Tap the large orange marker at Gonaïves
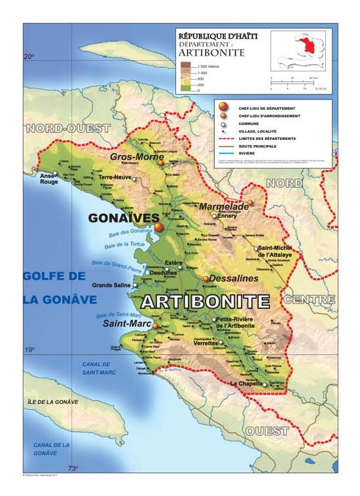[158, 227]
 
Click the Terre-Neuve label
[113, 177]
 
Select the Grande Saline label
[112, 285]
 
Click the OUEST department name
[268, 431]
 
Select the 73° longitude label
[73, 467]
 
